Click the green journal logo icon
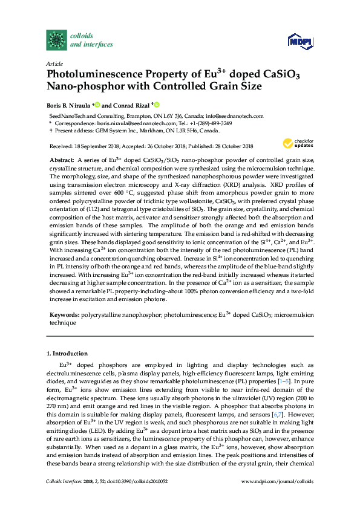pyautogui.click(x=57, y=39)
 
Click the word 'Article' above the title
pyautogui.click(x=54, y=63)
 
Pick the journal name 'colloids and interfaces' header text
pyautogui.click(x=89, y=39)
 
